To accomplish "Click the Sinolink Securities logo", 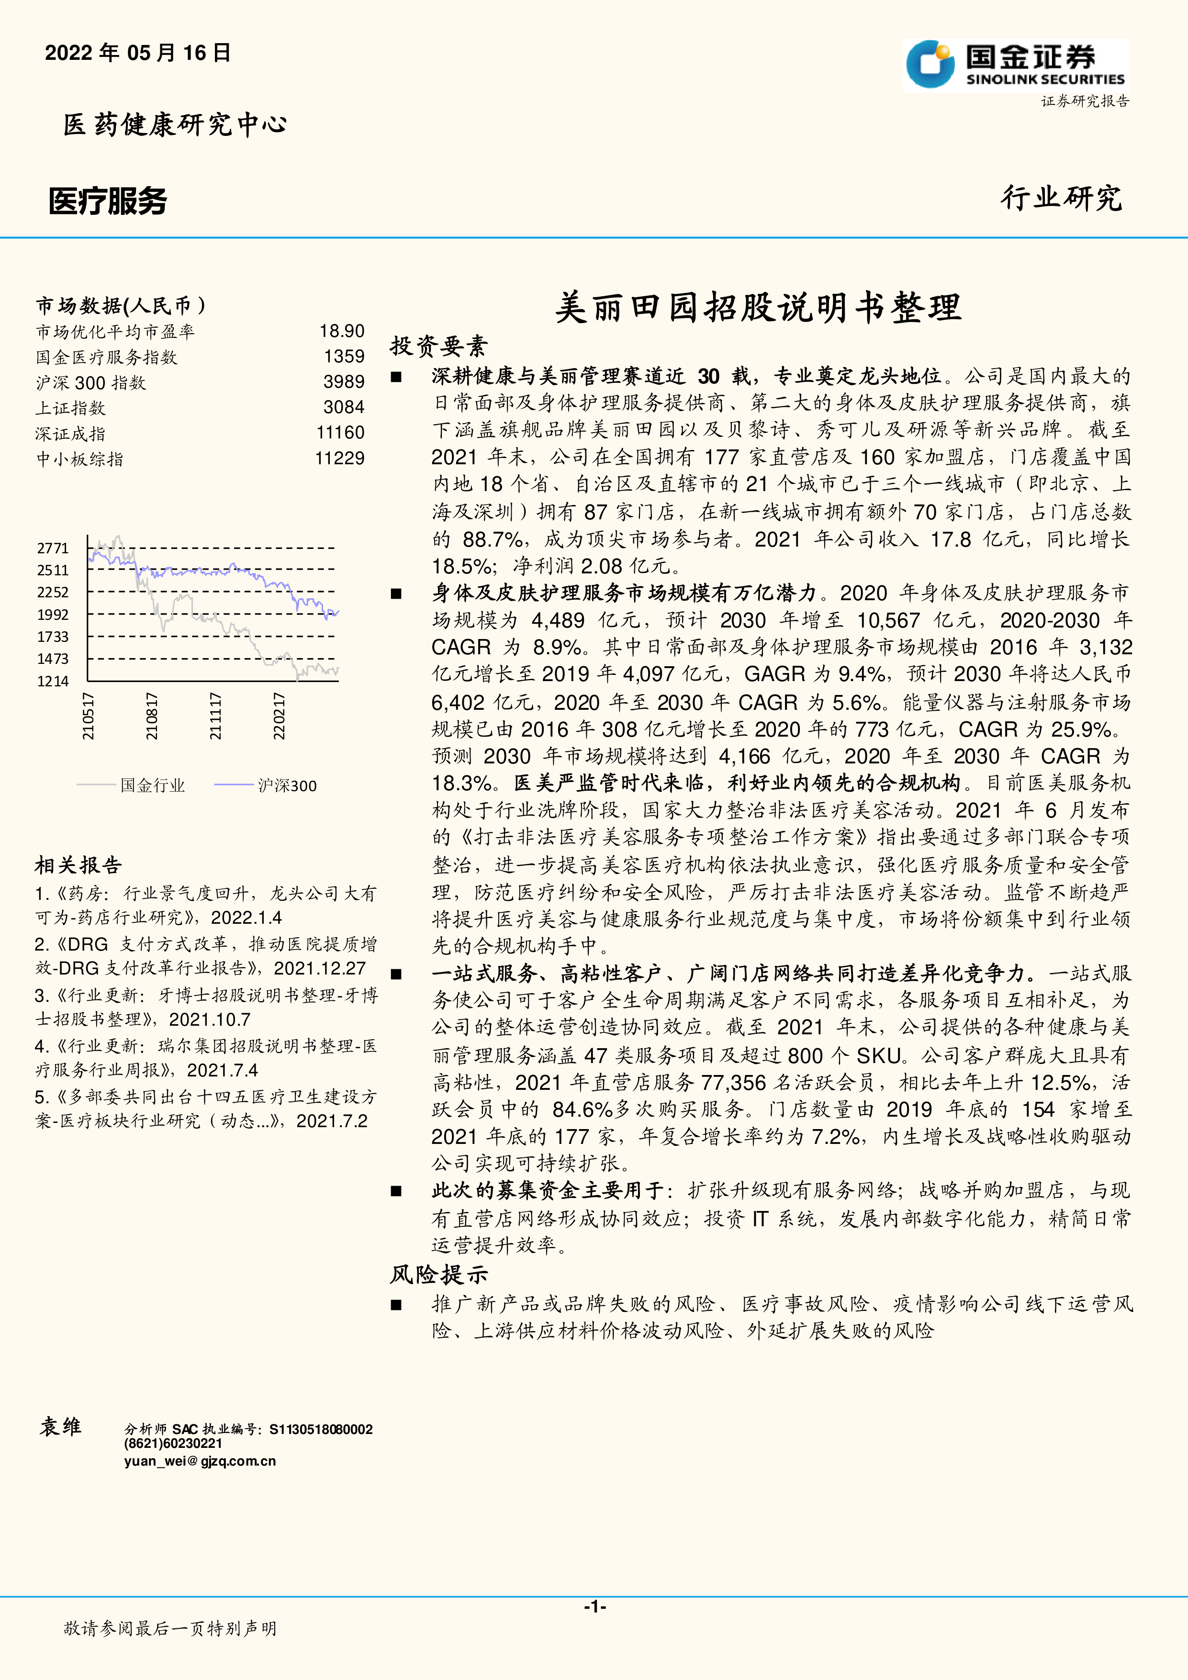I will [x=1015, y=65].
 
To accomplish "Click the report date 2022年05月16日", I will [x=137, y=53].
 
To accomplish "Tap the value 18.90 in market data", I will [x=342, y=332].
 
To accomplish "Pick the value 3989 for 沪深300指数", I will [x=344, y=382].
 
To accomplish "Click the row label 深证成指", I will [x=70, y=433].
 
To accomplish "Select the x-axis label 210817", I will [x=151, y=716].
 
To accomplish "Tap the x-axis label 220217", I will [x=279, y=716].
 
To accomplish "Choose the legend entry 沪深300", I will [x=287, y=786].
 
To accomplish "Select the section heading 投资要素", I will [x=438, y=346].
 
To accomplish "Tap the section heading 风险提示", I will [x=438, y=1275].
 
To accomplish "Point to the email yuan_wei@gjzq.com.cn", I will [x=200, y=1461].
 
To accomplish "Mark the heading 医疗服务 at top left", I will [x=108, y=201].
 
